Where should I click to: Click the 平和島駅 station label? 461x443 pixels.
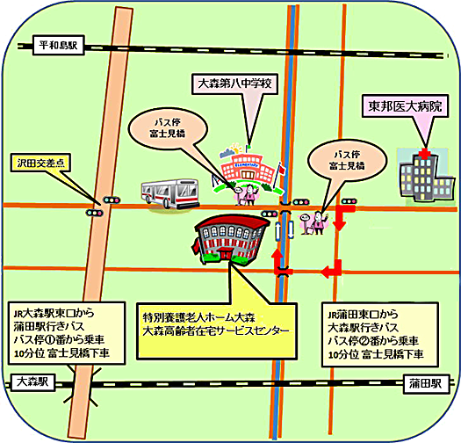click(x=59, y=46)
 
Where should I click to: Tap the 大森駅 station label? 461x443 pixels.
click(x=32, y=382)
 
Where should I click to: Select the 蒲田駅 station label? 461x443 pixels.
click(x=426, y=383)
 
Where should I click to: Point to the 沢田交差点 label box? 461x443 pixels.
click(x=40, y=163)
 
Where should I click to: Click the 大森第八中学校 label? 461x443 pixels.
click(x=234, y=84)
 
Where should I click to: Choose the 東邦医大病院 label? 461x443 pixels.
click(x=405, y=106)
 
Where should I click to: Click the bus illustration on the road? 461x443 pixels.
click(x=170, y=193)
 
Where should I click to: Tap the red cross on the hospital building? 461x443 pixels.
click(x=424, y=153)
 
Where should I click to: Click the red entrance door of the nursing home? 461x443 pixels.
click(x=225, y=253)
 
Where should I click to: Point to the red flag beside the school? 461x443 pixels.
click(x=281, y=170)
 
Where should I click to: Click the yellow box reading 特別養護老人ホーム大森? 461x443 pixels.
click(x=217, y=331)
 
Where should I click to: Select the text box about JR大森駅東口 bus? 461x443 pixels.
click(x=67, y=333)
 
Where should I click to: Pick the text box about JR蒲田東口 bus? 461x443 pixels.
click(x=380, y=334)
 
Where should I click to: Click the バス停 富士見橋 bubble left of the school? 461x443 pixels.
click(x=168, y=128)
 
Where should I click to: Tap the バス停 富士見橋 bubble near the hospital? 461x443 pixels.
click(x=347, y=161)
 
